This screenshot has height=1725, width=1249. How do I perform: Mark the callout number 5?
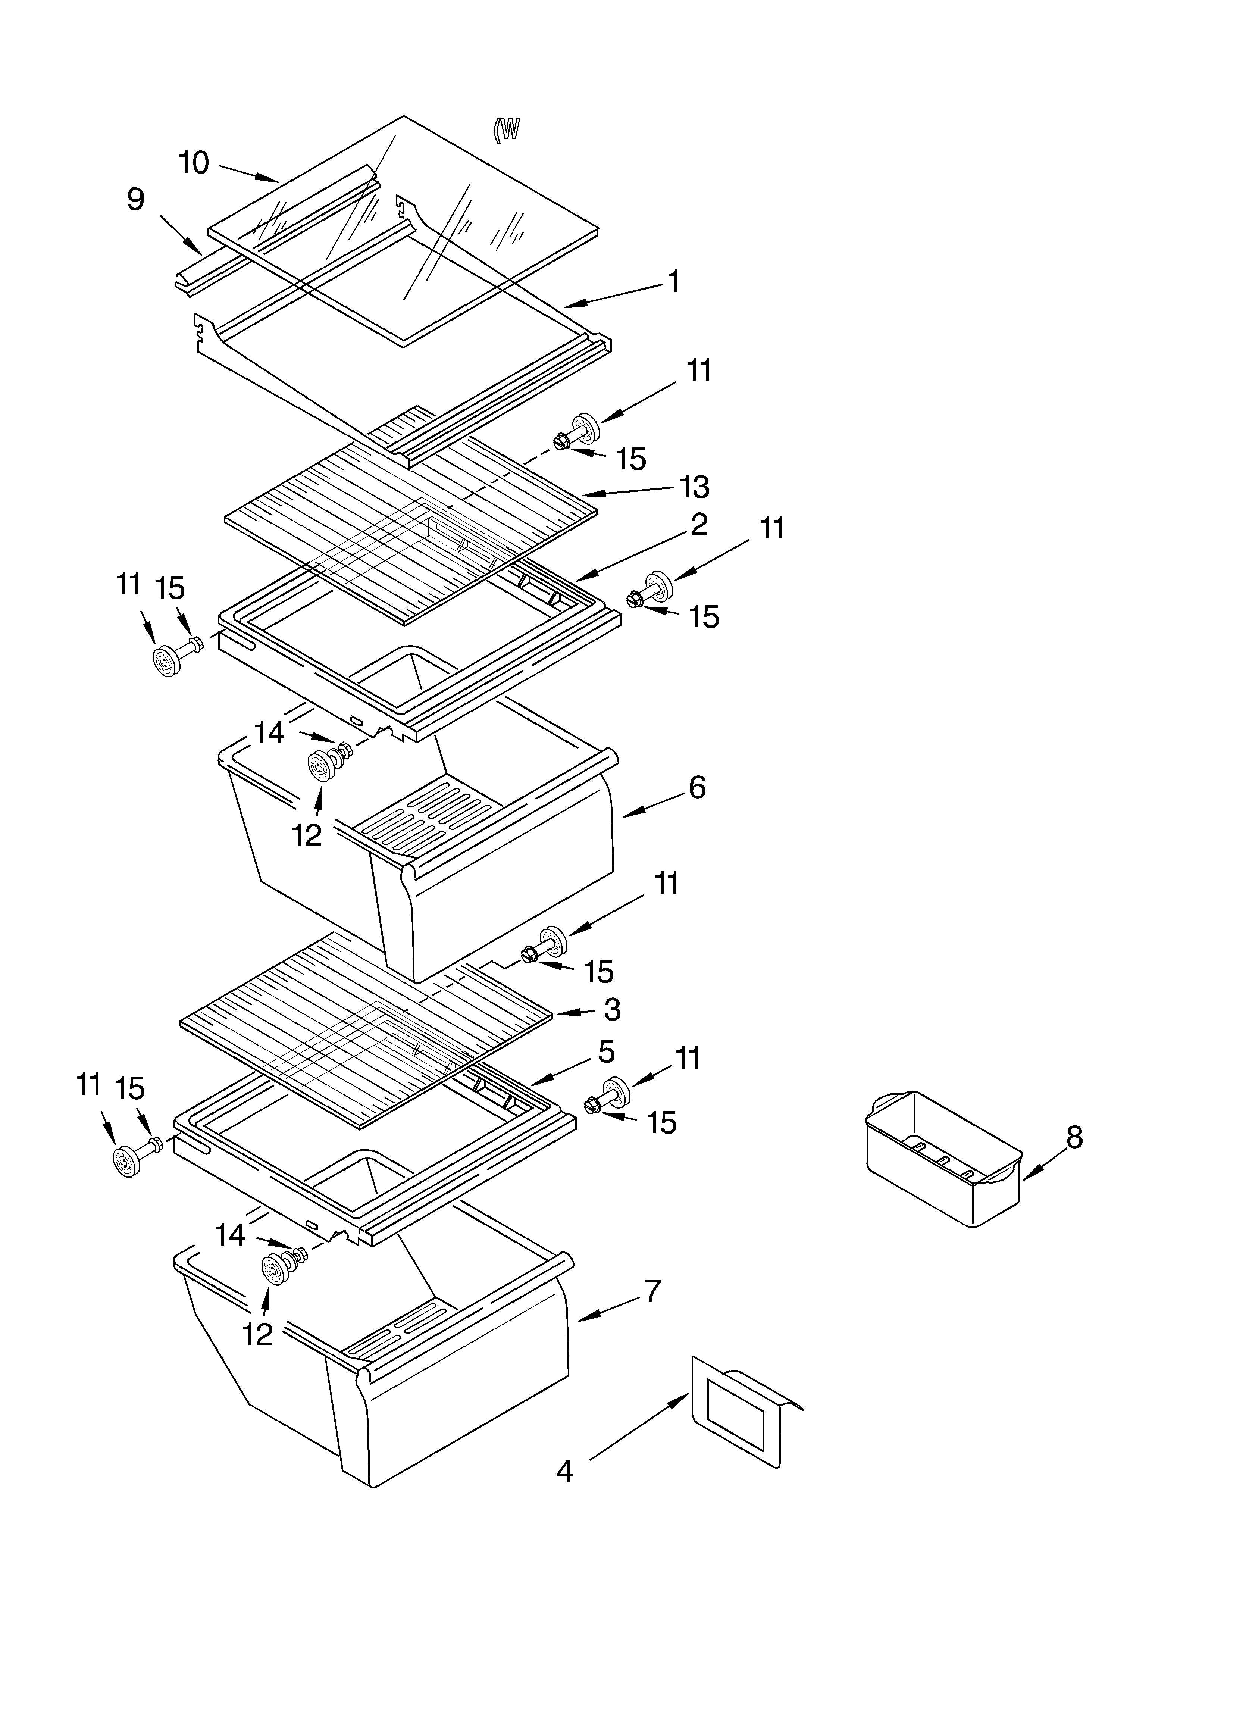coord(606,1053)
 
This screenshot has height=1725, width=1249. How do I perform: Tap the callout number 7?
coord(652,1291)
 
